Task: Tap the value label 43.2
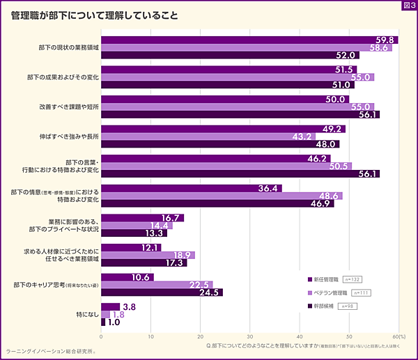[x=304, y=136]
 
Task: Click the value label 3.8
[x=128, y=307]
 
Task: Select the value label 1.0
[x=114, y=322]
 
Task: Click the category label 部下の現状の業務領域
[x=68, y=48]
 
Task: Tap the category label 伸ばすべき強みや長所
[x=68, y=136]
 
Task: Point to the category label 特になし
[x=86, y=315]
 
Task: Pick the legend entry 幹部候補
[x=321, y=306]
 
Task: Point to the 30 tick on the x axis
[x=250, y=336]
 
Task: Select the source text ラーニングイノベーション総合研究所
[x=50, y=352]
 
